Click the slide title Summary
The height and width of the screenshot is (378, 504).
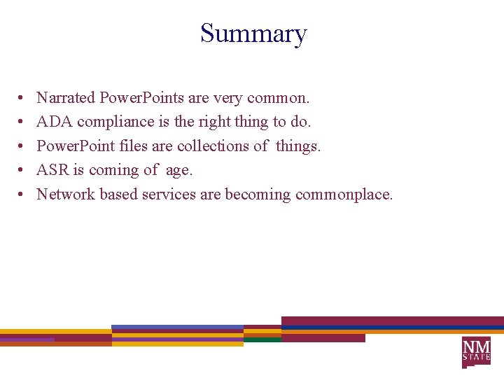coord(253,34)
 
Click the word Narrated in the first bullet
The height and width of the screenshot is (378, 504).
coord(66,97)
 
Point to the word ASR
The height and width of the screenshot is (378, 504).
coord(52,170)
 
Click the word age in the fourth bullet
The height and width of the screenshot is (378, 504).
coord(178,171)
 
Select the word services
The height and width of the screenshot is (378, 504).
coord(169,194)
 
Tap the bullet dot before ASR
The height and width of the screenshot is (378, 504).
coord(22,170)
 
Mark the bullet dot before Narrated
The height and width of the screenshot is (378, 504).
coord(22,97)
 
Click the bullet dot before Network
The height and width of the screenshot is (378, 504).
coord(22,194)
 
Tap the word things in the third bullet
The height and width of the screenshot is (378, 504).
coord(298,146)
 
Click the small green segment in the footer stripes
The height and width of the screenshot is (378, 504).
coord(262,339)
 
